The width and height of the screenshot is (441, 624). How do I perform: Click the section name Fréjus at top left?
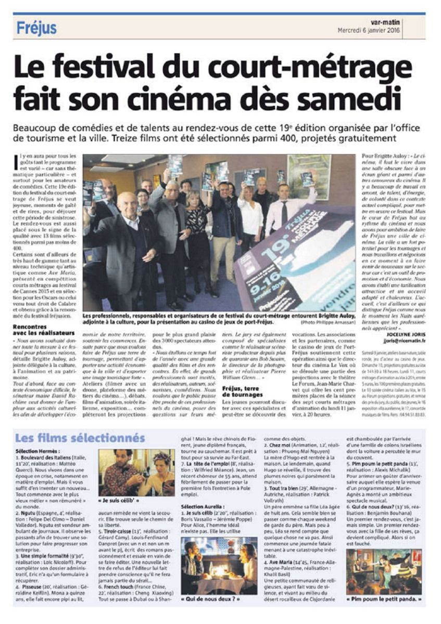pos(36,28)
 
